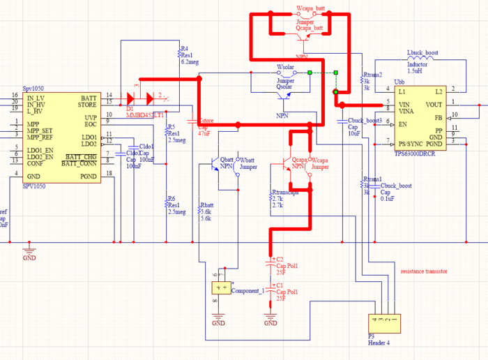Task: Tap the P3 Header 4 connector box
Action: pyautogui.click(x=386, y=322)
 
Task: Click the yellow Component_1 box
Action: pyautogui.click(x=221, y=287)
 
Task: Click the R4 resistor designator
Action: pyautogui.click(x=185, y=49)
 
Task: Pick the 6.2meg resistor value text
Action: pyautogui.click(x=190, y=62)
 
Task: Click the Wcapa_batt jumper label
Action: pyautogui.click(x=310, y=8)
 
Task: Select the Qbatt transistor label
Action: pyautogui.click(x=227, y=160)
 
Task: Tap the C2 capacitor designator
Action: pyautogui.click(x=280, y=260)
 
